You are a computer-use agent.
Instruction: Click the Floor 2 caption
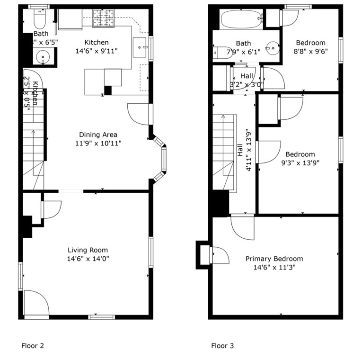[33, 346]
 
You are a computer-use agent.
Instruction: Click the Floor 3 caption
[222, 346]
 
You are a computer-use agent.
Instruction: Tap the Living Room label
[88, 250]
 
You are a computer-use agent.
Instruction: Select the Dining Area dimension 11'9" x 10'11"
[98, 143]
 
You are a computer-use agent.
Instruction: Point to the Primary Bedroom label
[274, 259]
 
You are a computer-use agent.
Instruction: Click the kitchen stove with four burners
[103, 18]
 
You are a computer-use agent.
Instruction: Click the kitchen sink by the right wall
[141, 46]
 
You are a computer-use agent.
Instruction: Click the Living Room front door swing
[36, 303]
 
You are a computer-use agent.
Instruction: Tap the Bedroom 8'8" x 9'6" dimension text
[310, 51]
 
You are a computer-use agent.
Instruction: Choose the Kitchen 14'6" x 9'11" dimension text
[97, 51]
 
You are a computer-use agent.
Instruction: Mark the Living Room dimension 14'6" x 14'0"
[88, 259]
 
